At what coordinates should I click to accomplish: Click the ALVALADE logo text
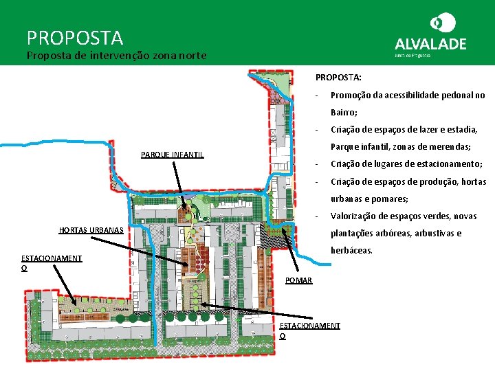430,43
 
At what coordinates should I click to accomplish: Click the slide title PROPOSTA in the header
75,37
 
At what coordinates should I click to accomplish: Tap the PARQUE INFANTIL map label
173,155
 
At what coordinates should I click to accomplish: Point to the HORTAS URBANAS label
91,229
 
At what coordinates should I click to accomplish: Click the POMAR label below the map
299,280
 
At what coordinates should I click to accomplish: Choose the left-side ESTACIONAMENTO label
52,259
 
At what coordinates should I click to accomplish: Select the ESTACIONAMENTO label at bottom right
310,326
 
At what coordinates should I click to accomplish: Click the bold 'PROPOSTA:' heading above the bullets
338,78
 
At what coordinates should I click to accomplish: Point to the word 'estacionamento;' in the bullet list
448,164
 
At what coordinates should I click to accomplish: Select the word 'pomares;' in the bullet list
390,199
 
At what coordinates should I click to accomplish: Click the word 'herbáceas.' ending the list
352,251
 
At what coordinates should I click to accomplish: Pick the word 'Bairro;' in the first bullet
344,113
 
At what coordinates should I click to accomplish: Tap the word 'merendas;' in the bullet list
450,147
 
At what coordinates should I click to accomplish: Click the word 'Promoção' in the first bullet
351,95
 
